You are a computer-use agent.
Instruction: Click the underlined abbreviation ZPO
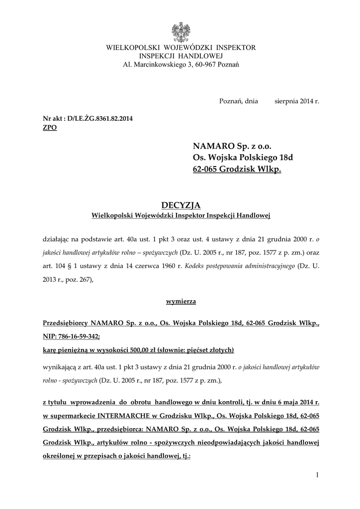(50, 128)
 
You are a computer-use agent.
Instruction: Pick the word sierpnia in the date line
(288, 100)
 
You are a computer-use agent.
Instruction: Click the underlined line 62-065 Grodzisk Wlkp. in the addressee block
(237, 170)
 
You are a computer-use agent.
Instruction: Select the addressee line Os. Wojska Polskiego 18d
(243, 158)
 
